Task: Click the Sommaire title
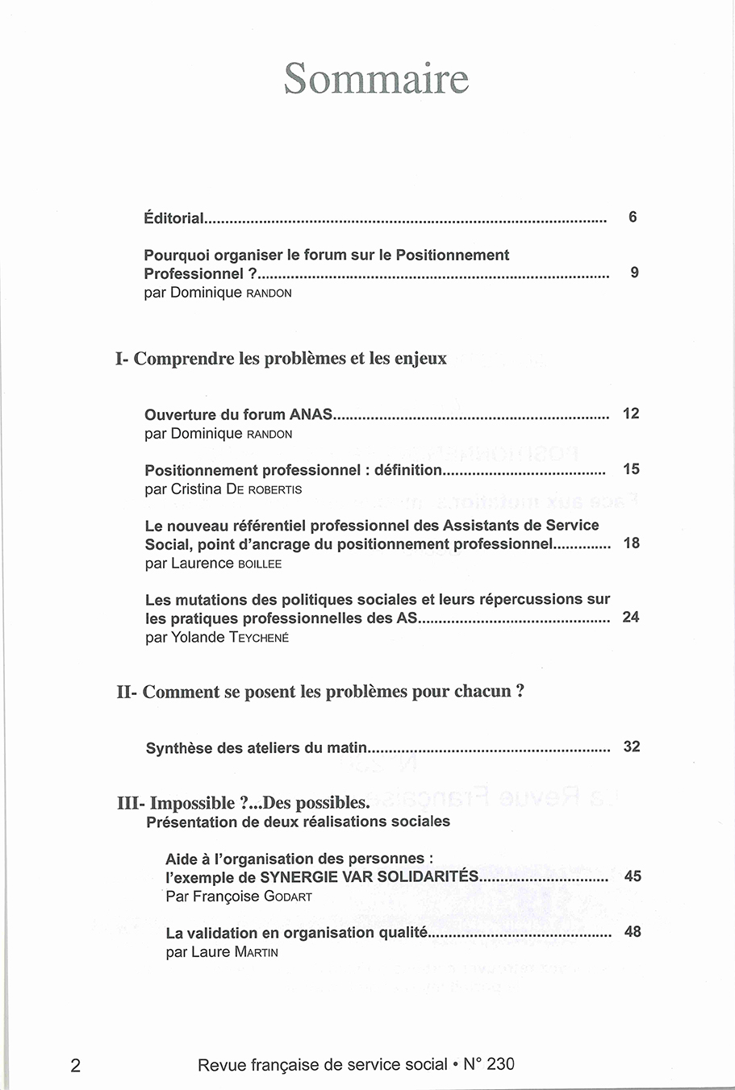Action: point(376,79)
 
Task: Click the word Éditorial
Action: point(173,218)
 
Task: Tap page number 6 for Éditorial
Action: point(633,217)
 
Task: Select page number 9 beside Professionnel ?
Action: point(634,272)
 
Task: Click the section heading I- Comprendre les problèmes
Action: point(281,359)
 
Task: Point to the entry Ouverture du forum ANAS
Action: point(238,415)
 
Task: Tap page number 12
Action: point(631,414)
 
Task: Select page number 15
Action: point(631,469)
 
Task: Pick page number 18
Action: point(632,543)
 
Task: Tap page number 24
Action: point(631,618)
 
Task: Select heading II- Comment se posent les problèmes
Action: point(320,692)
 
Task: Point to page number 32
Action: point(632,747)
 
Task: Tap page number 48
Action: point(633,932)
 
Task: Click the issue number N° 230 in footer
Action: point(489,1064)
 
